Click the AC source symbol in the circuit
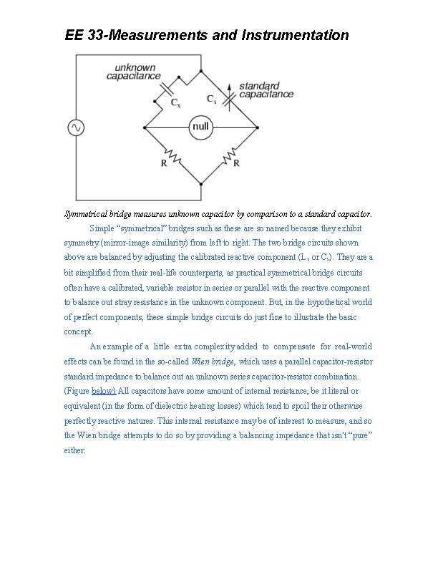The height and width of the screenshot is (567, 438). pos(75,127)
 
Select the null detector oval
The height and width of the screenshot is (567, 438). pos(201,128)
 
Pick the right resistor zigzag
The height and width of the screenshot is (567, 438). pos(231,155)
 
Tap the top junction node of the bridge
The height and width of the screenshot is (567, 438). pos(201,71)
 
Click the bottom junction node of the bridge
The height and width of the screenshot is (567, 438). pos(201,184)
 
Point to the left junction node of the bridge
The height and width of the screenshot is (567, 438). pos(145,128)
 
